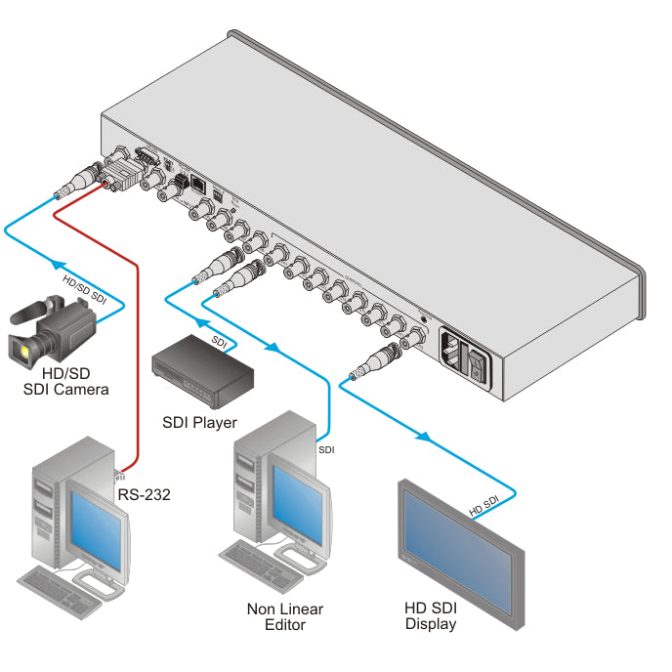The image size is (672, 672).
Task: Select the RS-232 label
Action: pyautogui.click(x=144, y=494)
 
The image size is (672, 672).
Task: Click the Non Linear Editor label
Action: pyautogui.click(x=284, y=616)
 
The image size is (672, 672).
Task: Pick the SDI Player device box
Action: pyautogui.click(x=202, y=369)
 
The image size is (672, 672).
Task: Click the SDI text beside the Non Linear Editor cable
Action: pyautogui.click(x=327, y=450)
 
